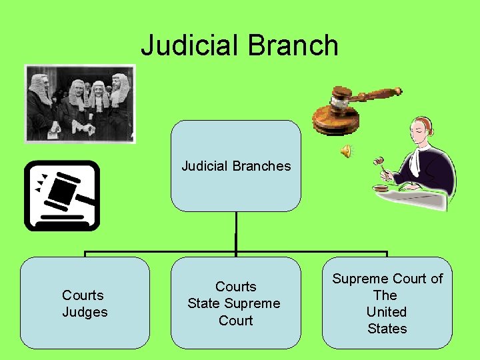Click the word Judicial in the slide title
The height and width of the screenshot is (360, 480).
[189, 46]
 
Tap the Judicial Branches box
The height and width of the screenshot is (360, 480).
[236, 166]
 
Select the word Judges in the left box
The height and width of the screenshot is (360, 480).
[85, 312]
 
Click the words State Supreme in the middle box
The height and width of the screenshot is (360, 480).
[234, 303]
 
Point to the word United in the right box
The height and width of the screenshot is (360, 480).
[387, 312]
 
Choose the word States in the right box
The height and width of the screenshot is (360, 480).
[387, 329]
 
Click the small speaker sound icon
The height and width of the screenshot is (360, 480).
[346, 152]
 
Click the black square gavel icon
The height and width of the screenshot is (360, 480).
[62, 195]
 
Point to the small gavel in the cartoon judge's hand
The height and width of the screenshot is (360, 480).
[381, 162]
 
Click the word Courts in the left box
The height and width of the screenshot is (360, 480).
[83, 295]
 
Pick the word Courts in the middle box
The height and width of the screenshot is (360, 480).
[236, 287]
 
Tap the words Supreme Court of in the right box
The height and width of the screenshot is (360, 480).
[387, 279]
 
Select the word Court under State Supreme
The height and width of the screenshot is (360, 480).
[236, 321]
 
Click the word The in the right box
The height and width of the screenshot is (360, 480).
[385, 295]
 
